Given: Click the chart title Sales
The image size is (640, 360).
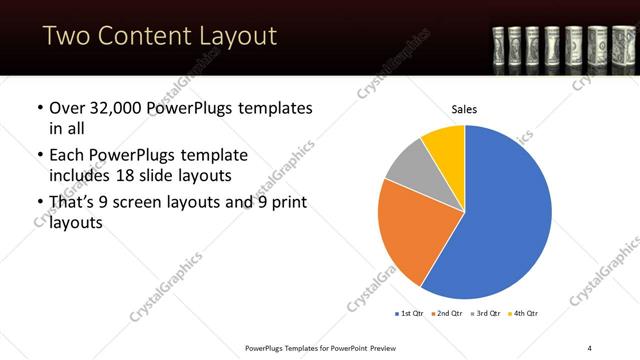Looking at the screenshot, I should point(465,109).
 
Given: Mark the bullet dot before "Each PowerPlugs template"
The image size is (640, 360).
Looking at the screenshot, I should point(39,156).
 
